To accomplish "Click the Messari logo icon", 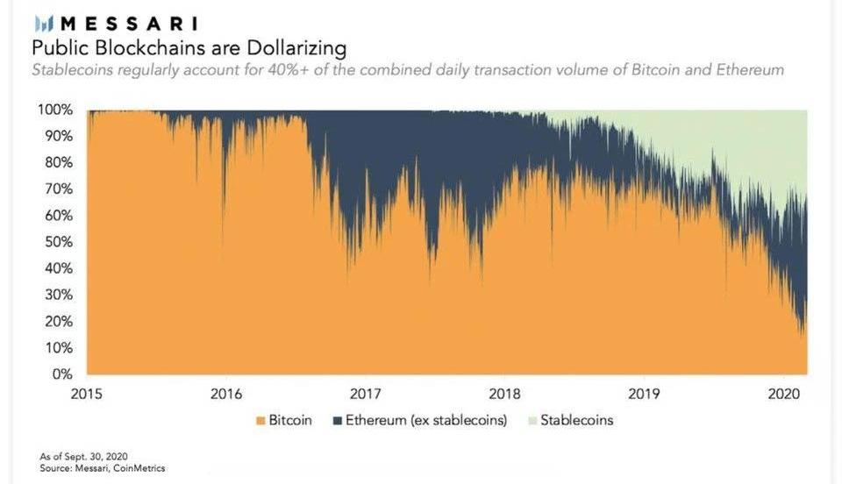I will pos(43,24).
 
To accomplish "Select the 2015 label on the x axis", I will pos(87,393).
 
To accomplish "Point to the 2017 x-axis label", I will pos(365,393).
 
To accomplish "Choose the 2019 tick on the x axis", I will pos(644,393).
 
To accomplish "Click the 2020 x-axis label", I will pos(783,393).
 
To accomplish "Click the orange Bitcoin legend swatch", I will pos(259,420).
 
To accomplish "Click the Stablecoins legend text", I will pos(576,420).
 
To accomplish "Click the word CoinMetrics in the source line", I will pos(139,468).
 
